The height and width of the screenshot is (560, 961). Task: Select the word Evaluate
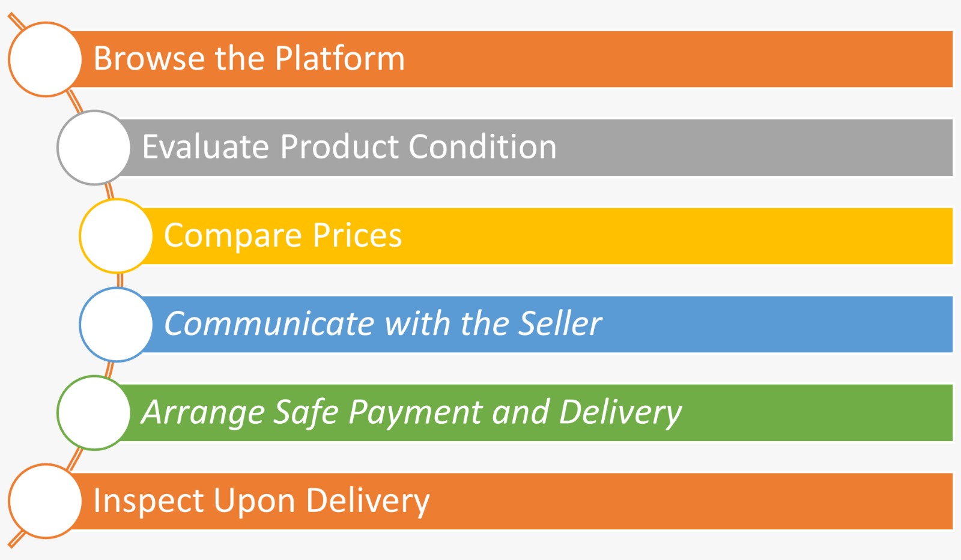pyautogui.click(x=205, y=146)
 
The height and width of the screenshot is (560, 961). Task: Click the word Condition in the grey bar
pyautogui.click(x=482, y=146)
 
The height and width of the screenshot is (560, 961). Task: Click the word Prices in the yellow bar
pyautogui.click(x=357, y=235)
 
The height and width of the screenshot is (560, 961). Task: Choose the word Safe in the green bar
pyautogui.click(x=306, y=412)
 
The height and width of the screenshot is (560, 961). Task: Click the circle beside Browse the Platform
pyautogui.click(x=45, y=59)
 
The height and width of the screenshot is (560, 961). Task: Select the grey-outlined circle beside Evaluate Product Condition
pyautogui.click(x=94, y=148)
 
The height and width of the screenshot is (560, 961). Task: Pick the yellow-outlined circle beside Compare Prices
pyautogui.click(x=116, y=236)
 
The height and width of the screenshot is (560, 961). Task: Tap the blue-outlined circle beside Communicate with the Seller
pyautogui.click(x=116, y=325)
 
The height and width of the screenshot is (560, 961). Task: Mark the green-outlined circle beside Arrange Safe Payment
pyautogui.click(x=94, y=413)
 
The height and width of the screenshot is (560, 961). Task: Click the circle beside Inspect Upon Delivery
pyautogui.click(x=45, y=501)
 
